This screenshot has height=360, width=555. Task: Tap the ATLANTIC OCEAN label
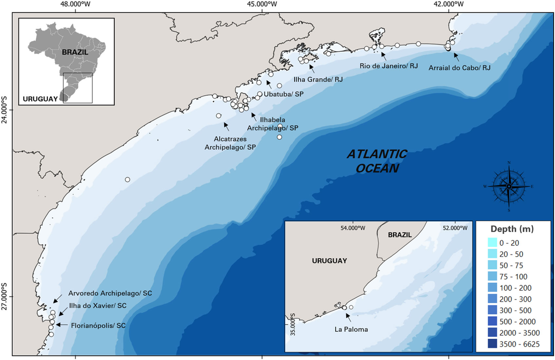(377, 160)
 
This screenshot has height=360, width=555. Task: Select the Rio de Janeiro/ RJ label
(388, 66)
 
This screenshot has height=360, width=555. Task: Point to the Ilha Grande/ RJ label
(319, 79)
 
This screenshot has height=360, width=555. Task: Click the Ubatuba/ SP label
(283, 94)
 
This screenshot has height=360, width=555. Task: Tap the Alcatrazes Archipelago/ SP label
(230, 143)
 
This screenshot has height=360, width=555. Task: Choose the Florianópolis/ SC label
(98, 325)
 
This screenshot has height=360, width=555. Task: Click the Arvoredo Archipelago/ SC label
(110, 293)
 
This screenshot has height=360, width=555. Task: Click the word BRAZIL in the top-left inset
(75, 52)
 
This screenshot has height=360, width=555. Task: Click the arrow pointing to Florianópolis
(62, 325)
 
